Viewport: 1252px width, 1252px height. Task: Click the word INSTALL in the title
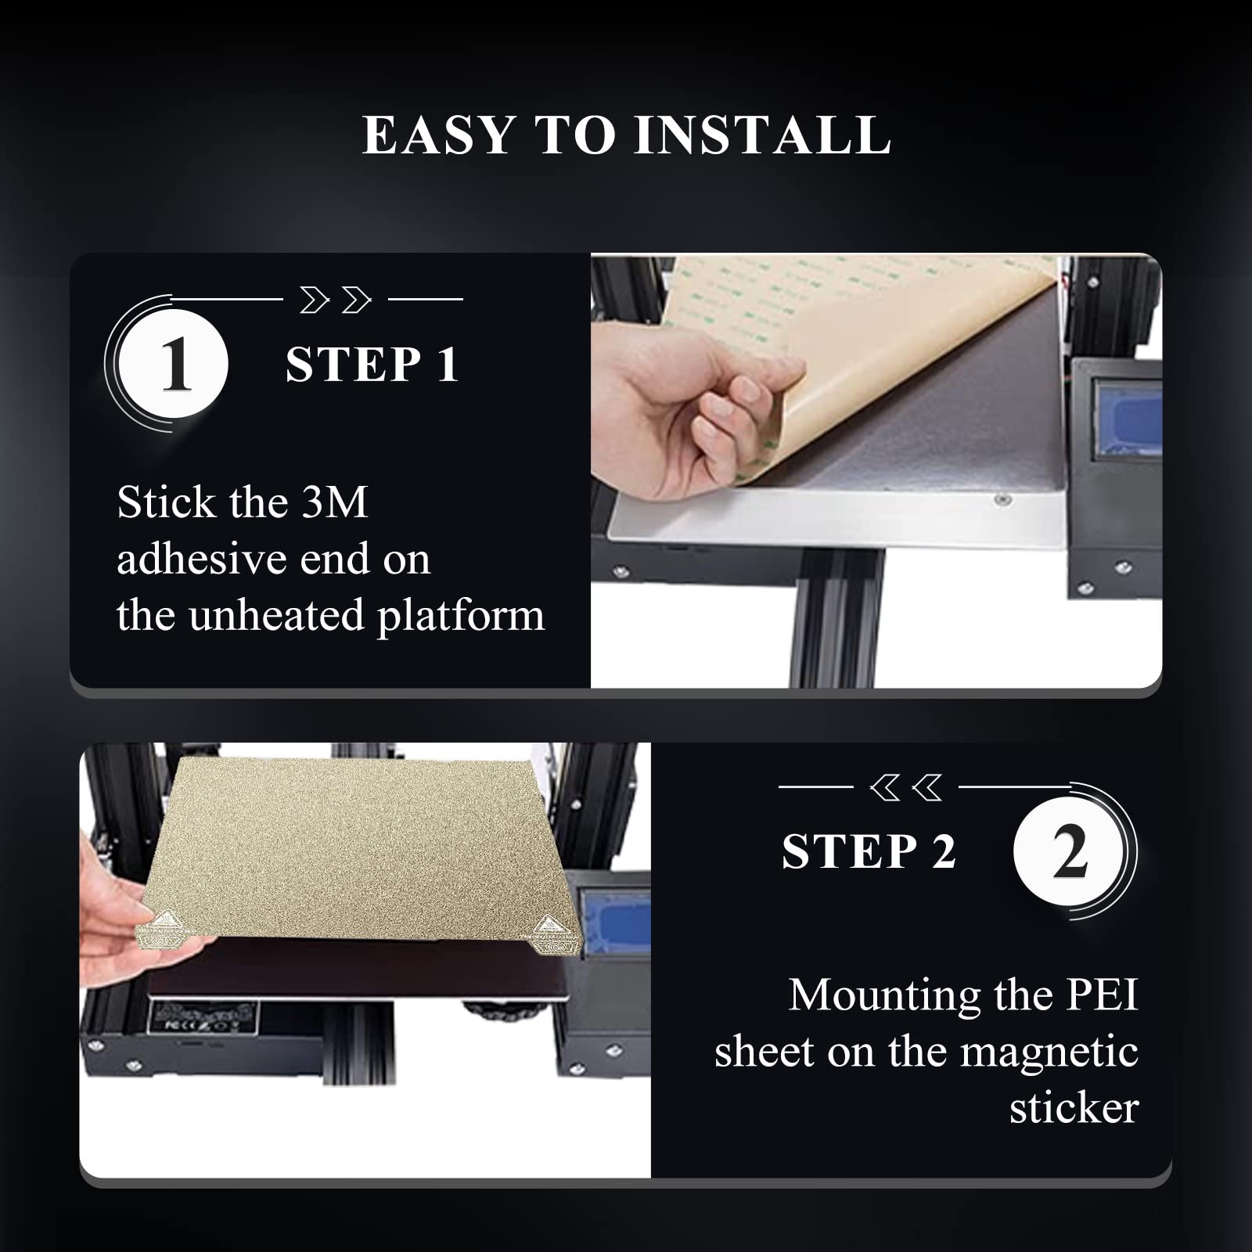pyautogui.click(x=762, y=135)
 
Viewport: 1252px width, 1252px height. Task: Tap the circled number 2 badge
pyautogui.click(x=1069, y=852)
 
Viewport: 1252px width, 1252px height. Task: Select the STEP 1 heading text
pyautogui.click(x=372, y=365)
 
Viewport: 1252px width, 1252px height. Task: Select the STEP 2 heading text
pyautogui.click(x=869, y=851)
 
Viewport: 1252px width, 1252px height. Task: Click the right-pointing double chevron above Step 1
pyautogui.click(x=335, y=300)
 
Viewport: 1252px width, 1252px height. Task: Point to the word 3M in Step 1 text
pyautogui.click(x=334, y=502)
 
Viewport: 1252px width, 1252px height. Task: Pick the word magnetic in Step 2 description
pyautogui.click(x=1049, y=1052)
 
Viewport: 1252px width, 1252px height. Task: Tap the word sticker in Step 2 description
pyautogui.click(x=1074, y=1108)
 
